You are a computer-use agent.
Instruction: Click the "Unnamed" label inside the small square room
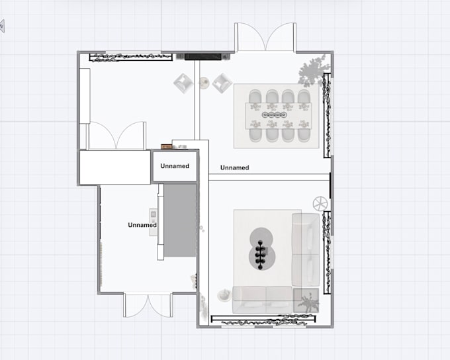[x=175, y=166]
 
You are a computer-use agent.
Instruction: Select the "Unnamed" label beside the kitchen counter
[x=142, y=225]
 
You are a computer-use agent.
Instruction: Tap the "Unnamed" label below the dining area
[x=234, y=168]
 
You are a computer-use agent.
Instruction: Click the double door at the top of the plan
[x=265, y=37]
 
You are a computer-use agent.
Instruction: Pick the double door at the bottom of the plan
[x=148, y=304]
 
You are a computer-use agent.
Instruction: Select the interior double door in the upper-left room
[x=117, y=136]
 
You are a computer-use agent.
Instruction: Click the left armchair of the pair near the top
[x=183, y=83]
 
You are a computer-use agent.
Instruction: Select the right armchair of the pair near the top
[x=221, y=83]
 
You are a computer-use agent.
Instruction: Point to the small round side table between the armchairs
[x=204, y=83]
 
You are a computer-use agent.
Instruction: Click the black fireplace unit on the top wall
[x=203, y=57]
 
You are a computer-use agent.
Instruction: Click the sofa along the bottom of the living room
[x=261, y=300]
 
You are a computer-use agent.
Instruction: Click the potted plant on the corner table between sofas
[x=306, y=302]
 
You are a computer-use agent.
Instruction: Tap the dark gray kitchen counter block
[x=179, y=221]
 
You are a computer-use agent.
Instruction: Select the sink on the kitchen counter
[x=154, y=215]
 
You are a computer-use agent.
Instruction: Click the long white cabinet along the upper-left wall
[x=84, y=96]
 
